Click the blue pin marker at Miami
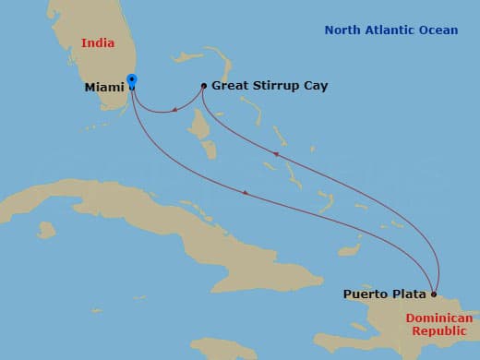[x=132, y=81]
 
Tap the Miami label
[x=103, y=88]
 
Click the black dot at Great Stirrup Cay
[x=203, y=86]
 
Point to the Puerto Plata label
[x=385, y=294]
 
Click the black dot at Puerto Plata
[x=434, y=294]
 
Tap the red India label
[x=102, y=42]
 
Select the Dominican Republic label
[x=438, y=324]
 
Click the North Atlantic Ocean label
[x=390, y=30]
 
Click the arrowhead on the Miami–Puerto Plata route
[x=245, y=192]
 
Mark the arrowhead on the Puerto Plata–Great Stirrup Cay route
[x=274, y=155]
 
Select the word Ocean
[x=438, y=30]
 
